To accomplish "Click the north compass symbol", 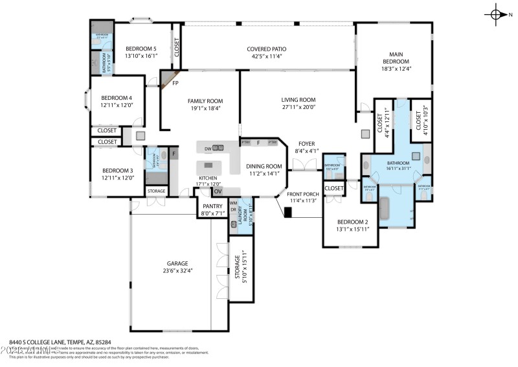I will (497, 14).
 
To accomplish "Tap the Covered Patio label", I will (266, 49).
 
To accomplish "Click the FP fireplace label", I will (175, 84).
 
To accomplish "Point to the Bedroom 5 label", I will (141, 49).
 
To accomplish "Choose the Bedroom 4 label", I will (116, 98).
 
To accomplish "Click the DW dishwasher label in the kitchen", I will (208, 149).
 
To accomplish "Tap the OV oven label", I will (218, 191).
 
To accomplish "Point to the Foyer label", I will (306, 143).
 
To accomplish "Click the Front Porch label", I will (303, 194).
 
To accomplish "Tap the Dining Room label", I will (264, 166).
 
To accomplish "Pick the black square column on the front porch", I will (289, 212).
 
